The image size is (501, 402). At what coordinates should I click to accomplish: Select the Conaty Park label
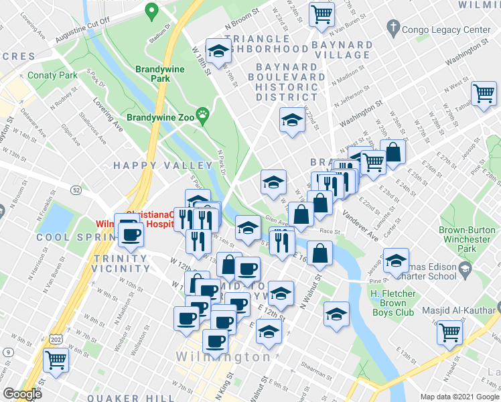(53, 76)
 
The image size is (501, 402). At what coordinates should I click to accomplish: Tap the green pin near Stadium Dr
(152, 11)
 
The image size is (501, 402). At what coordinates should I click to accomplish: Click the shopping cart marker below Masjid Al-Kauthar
(450, 332)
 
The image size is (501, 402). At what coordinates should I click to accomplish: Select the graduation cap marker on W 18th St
(218, 50)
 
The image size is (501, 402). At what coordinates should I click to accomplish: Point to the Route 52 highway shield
(78, 190)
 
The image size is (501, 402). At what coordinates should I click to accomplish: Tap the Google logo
(23, 394)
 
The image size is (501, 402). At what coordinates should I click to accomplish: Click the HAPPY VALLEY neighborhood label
(163, 165)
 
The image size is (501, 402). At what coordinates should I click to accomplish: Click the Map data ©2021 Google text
(459, 396)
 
